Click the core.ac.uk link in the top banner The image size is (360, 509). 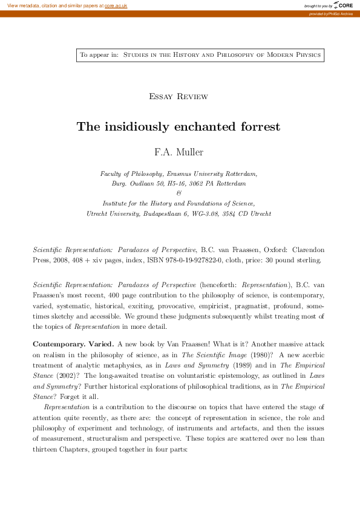[x=116, y=5]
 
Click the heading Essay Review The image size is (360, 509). [x=178, y=97]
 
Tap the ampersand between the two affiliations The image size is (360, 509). [x=178, y=193]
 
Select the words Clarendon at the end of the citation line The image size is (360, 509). [x=306, y=250]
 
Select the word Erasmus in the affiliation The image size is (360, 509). [x=184, y=173]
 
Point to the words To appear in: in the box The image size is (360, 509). [x=99, y=55]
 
